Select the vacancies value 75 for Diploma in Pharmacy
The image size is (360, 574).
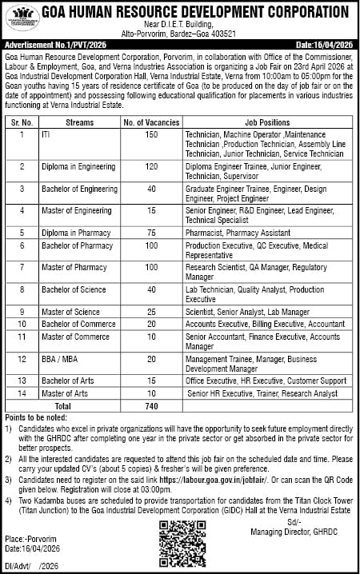pos(150,231)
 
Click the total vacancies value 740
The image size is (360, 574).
pos(150,406)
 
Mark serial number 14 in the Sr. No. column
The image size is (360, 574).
pos(22,394)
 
